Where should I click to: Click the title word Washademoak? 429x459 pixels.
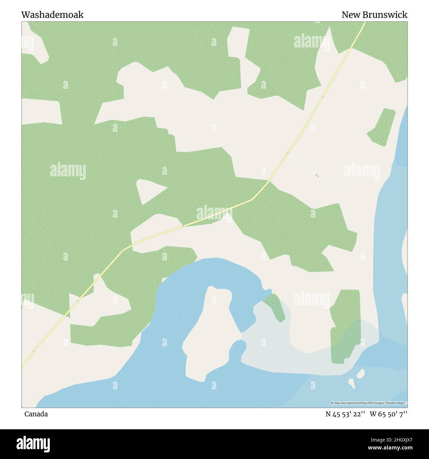click(x=52, y=15)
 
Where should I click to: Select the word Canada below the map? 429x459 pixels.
click(x=36, y=414)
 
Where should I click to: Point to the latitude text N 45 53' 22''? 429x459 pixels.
click(x=345, y=414)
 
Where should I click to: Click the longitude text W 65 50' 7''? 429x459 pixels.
click(x=389, y=414)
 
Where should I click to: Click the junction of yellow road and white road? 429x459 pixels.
click(x=287, y=154)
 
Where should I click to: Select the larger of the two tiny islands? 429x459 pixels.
click(x=361, y=373)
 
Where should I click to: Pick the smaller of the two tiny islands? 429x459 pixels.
click(x=352, y=383)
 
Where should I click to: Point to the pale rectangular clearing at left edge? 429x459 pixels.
click(x=41, y=112)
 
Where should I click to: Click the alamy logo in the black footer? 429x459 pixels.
click(x=33, y=444)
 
